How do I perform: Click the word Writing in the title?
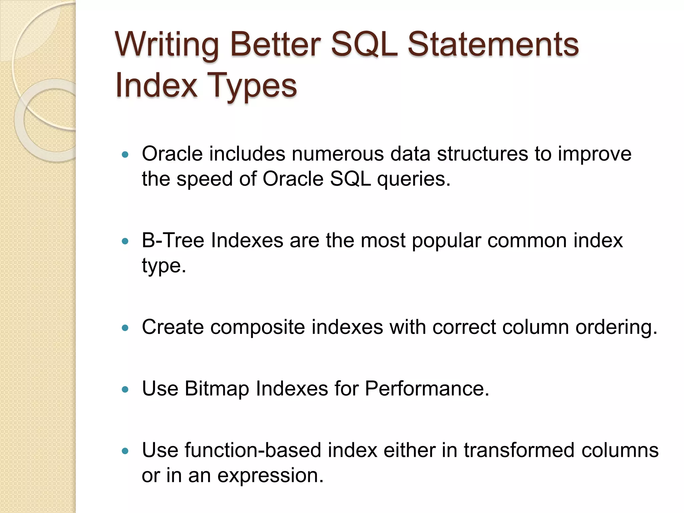click(x=167, y=45)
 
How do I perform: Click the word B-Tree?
click(x=173, y=240)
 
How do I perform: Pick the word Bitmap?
click(x=217, y=389)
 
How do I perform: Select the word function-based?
click(x=253, y=450)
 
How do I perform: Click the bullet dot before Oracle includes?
click(x=125, y=155)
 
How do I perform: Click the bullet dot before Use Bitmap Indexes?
click(x=125, y=389)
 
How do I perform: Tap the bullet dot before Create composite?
click(x=125, y=328)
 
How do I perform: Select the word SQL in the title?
click(x=364, y=45)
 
